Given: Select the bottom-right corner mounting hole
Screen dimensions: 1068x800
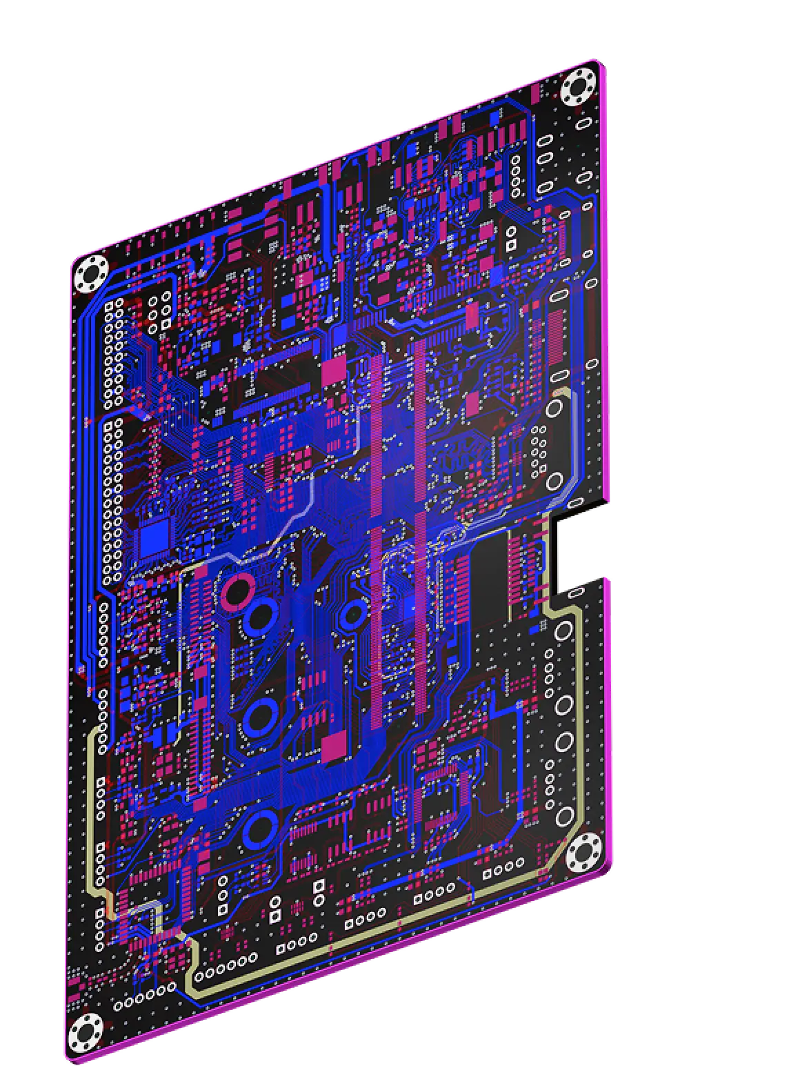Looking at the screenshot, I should [583, 856].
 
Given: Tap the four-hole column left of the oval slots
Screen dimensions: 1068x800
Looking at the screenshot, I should [515, 175].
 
